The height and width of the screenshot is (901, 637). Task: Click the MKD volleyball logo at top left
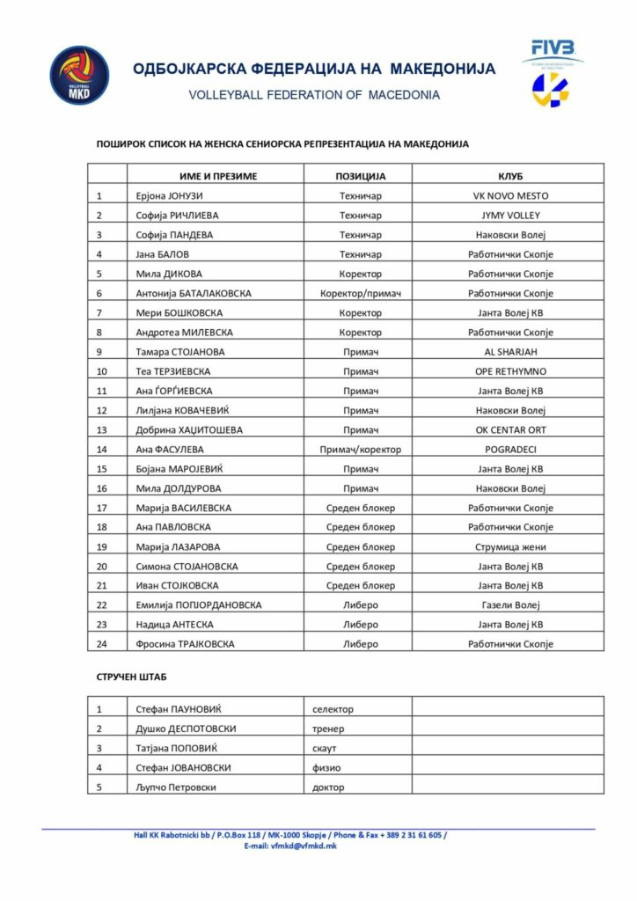pyautogui.click(x=80, y=77)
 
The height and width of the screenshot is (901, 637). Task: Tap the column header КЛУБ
pyautogui.click(x=510, y=176)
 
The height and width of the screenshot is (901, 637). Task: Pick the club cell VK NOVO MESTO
pyautogui.click(x=510, y=196)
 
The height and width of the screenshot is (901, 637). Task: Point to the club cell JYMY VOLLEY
pyautogui.click(x=510, y=216)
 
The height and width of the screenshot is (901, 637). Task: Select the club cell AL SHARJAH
pyautogui.click(x=510, y=352)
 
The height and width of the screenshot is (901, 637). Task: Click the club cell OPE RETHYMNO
pyautogui.click(x=510, y=371)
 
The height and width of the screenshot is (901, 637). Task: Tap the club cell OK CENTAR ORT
pyautogui.click(x=510, y=429)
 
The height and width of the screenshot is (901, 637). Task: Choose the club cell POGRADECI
pyautogui.click(x=510, y=449)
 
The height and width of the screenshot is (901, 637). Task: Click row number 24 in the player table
pyautogui.click(x=101, y=643)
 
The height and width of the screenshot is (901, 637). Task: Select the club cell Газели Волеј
pyautogui.click(x=510, y=604)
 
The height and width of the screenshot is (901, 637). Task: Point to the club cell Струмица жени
pyautogui.click(x=510, y=546)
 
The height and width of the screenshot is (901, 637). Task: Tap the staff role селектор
pyautogui.click(x=334, y=708)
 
